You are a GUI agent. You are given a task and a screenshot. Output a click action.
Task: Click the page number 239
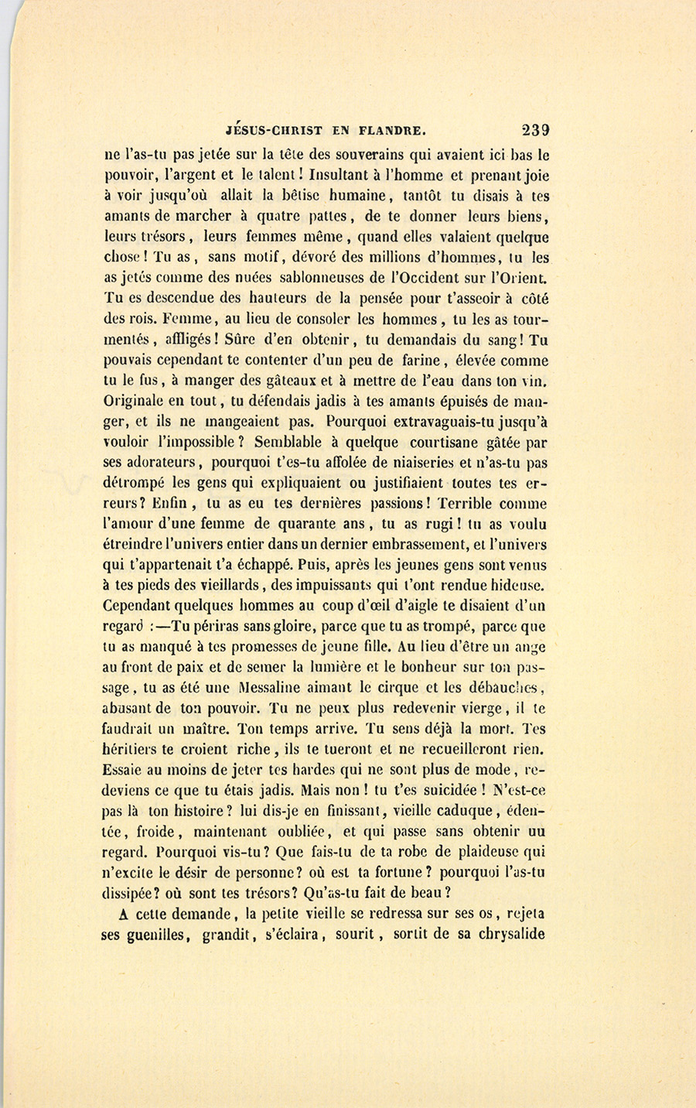point(535,130)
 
